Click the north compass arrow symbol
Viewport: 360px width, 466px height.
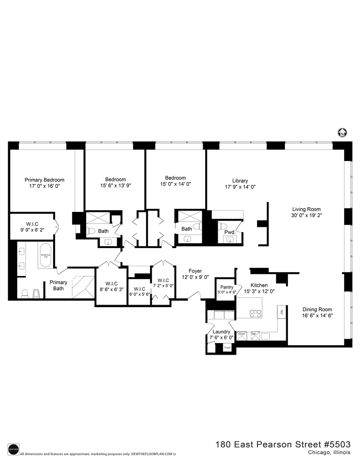click(x=342, y=133)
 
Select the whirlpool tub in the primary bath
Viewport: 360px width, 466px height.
click(x=46, y=256)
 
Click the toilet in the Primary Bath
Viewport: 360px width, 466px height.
click(x=25, y=293)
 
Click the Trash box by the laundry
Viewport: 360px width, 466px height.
click(x=227, y=348)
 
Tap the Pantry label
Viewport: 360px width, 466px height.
click(x=226, y=287)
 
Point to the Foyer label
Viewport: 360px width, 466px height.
click(x=195, y=271)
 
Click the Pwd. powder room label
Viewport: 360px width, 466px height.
click(x=230, y=232)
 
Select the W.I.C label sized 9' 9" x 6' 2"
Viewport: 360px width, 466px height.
click(x=32, y=224)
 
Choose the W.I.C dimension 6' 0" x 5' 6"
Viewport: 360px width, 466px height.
click(x=139, y=294)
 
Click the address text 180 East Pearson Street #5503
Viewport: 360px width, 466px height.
click(x=283, y=444)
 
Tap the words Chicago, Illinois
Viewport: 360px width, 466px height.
click(x=329, y=452)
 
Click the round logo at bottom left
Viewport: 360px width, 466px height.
click(x=13, y=448)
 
